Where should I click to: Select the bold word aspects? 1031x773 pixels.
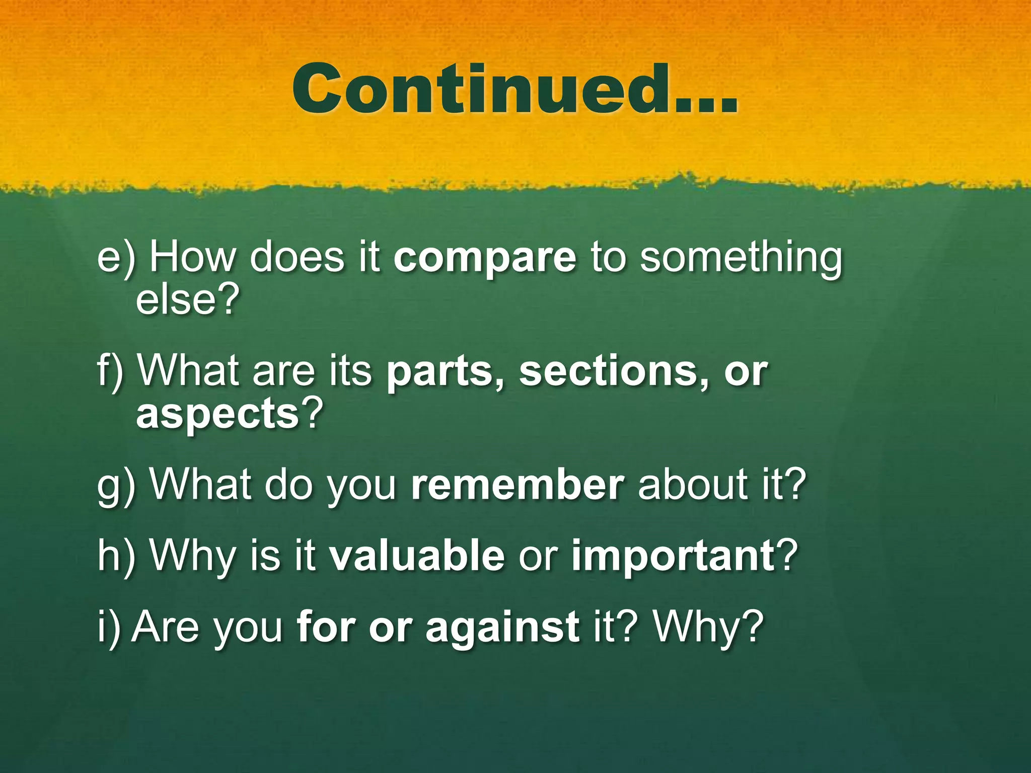(x=217, y=414)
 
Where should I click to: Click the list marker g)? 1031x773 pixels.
(x=116, y=486)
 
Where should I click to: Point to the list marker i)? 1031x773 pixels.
(x=109, y=627)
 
